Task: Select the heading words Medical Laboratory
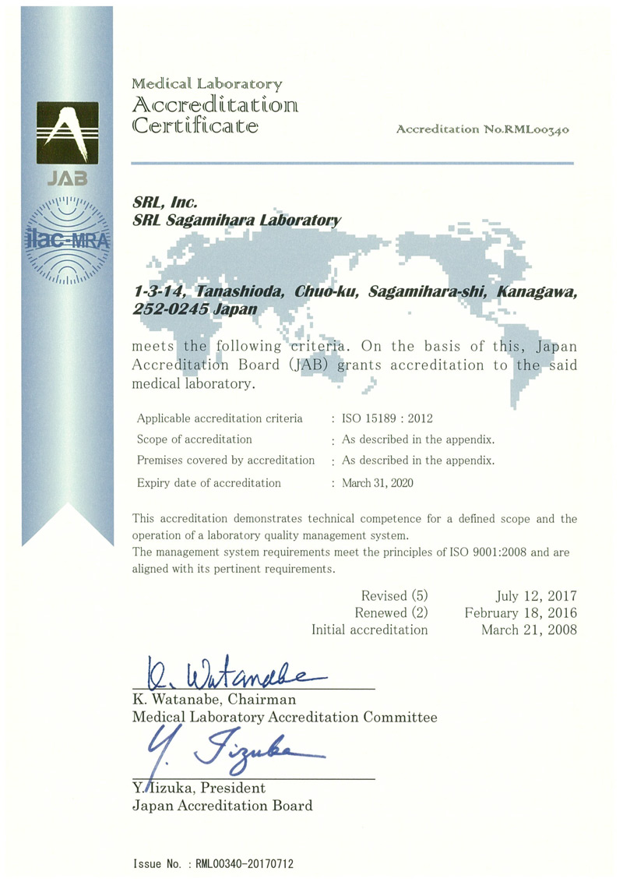pyautogui.click(x=206, y=83)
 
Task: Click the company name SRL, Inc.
pyautogui.click(x=158, y=203)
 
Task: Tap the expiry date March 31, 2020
pyautogui.click(x=378, y=483)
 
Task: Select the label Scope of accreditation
pyautogui.click(x=194, y=439)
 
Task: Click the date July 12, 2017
pyautogui.click(x=537, y=596)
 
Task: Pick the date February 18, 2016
pyautogui.click(x=521, y=612)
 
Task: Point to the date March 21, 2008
pyautogui.click(x=530, y=630)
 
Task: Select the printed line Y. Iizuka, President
pyautogui.click(x=199, y=789)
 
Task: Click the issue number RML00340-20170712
pyautogui.click(x=245, y=864)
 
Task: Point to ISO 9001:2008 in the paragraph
pyautogui.click(x=475, y=552)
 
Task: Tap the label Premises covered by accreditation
pyautogui.click(x=226, y=460)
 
